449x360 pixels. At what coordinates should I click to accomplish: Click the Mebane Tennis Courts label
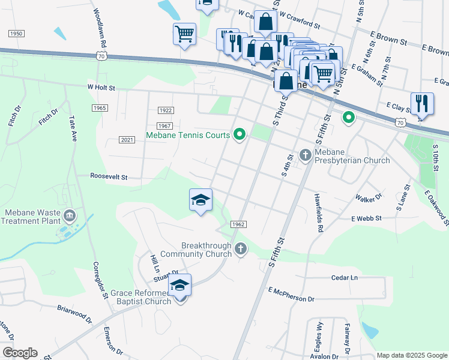point(188,135)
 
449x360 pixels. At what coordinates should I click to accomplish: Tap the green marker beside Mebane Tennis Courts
point(240,134)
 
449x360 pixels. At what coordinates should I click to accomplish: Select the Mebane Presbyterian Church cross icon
point(305,155)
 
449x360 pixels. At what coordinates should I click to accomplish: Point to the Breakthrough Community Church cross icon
point(240,248)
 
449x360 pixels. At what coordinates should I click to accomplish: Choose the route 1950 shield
point(16,34)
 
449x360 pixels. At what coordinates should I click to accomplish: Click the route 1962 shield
point(238,224)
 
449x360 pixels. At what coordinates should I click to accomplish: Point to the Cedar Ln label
point(344,278)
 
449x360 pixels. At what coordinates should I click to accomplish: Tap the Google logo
point(19,353)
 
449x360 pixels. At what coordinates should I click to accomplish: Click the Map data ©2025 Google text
point(411,355)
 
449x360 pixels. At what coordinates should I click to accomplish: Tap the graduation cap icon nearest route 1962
point(200,200)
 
